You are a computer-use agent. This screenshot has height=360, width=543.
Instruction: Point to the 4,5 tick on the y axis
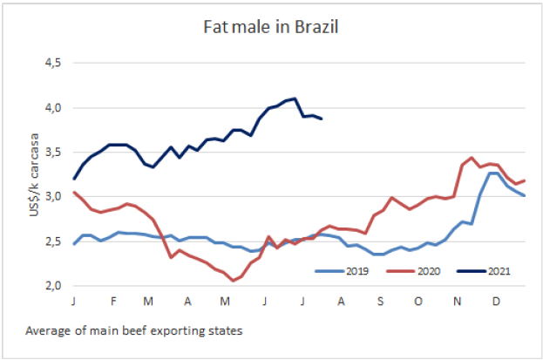(54, 64)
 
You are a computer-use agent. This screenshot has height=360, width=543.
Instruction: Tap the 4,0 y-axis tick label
(54, 108)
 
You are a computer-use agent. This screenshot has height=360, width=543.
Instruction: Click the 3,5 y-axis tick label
(54, 153)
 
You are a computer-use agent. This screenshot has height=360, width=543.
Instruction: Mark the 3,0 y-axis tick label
(54, 197)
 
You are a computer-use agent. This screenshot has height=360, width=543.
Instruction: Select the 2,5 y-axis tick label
(54, 241)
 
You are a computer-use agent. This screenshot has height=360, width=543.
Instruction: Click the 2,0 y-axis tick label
(54, 286)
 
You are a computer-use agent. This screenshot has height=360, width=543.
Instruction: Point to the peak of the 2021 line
(295, 98)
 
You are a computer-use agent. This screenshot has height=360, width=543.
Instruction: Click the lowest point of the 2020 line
(233, 281)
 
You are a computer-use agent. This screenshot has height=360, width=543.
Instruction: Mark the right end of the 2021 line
(322, 119)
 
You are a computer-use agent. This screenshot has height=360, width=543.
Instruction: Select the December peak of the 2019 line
(492, 173)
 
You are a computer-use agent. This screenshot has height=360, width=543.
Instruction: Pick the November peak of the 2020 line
(472, 158)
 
